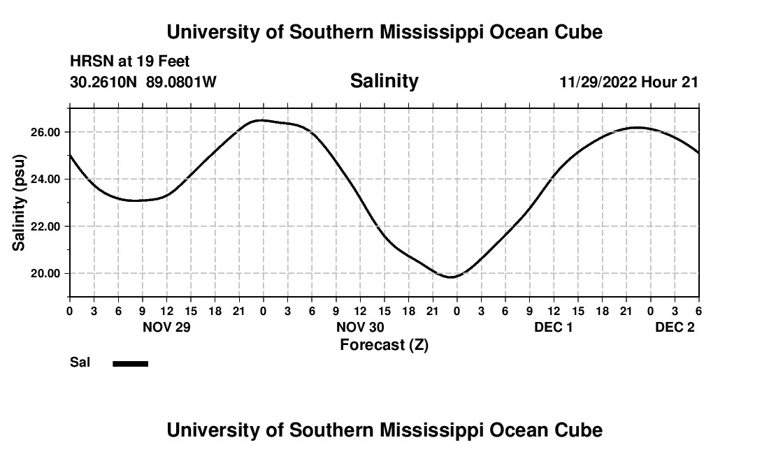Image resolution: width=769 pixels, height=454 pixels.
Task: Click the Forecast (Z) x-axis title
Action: (384, 344)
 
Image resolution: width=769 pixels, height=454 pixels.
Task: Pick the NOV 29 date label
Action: (166, 328)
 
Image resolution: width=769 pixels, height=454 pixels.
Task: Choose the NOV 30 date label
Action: (360, 328)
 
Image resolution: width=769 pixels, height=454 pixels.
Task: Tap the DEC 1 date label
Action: (553, 328)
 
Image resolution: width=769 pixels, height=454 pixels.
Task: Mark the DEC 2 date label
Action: (675, 328)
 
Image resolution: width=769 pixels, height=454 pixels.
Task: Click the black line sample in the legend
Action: (131, 363)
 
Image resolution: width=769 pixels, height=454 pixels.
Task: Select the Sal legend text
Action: (79, 363)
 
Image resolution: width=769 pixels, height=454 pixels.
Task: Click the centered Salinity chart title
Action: (384, 81)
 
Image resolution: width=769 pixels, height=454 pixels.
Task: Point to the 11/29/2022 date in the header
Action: (598, 82)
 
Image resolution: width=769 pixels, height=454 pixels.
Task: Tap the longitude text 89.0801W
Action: (181, 82)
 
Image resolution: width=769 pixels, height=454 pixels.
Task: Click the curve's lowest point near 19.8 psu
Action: (451, 277)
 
